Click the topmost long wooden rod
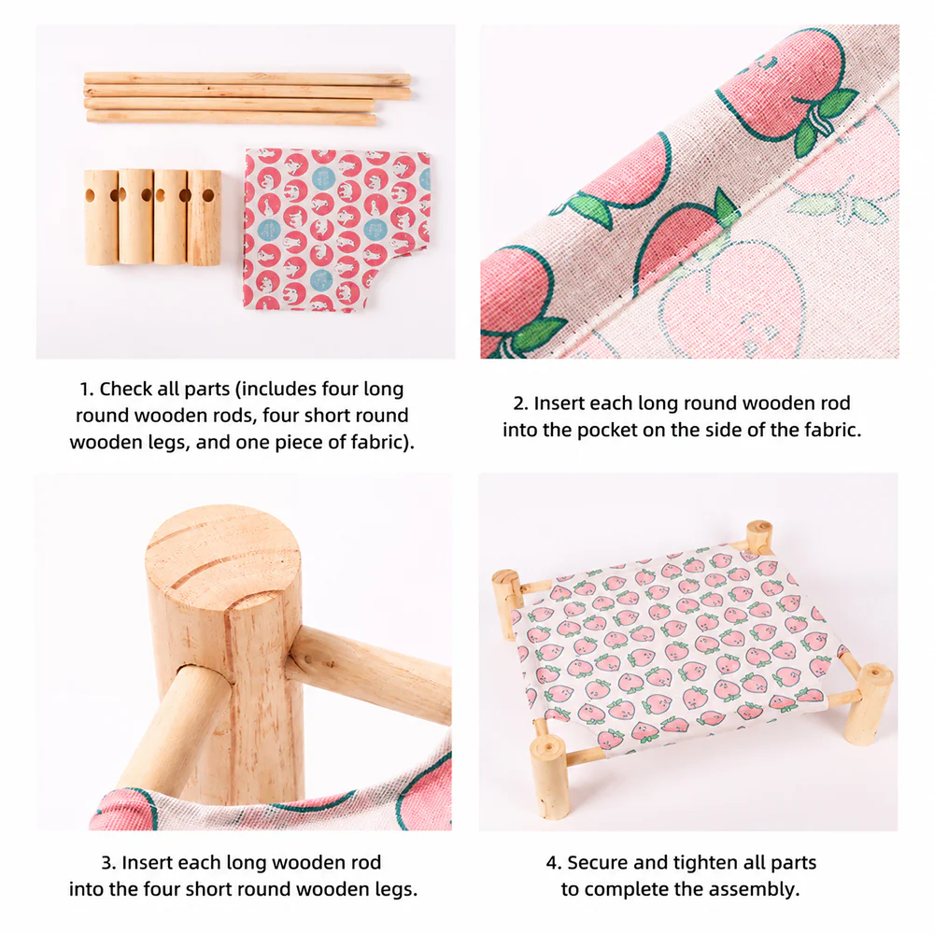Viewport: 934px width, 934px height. [248, 78]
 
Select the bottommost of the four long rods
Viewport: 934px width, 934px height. [231, 118]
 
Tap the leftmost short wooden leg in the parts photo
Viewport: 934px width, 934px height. [101, 217]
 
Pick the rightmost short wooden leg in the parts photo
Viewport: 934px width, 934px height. [205, 218]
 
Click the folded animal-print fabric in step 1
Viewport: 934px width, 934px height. [336, 230]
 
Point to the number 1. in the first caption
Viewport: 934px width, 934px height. [87, 389]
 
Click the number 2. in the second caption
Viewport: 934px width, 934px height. [520, 403]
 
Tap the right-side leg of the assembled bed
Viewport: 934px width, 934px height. [870, 703]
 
